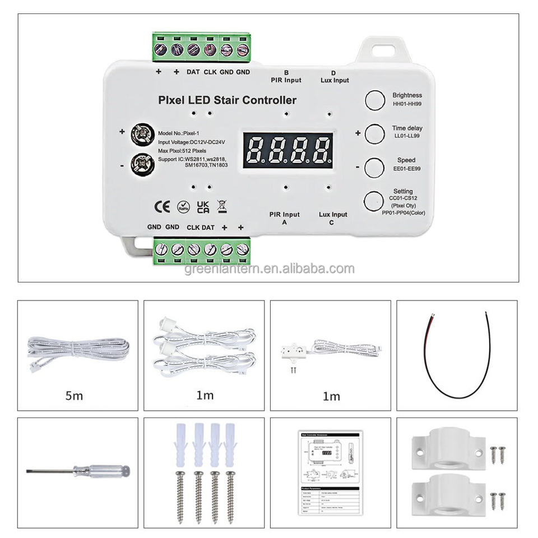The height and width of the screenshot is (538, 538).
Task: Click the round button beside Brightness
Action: (374, 100)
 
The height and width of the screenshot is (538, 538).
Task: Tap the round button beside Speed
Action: (374, 167)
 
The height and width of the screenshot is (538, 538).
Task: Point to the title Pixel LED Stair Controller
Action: (228, 101)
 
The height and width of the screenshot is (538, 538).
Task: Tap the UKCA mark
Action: (203, 206)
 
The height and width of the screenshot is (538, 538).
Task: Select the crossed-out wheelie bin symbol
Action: (222, 206)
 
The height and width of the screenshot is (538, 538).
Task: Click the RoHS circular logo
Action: (183, 206)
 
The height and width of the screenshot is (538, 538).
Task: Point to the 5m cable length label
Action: (73, 396)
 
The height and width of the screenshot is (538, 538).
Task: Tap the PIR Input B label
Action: (286, 77)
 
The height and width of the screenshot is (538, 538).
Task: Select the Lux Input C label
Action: (333, 218)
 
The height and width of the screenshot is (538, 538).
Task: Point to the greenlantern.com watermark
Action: (269, 268)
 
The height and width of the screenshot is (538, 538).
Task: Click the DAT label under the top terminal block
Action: (193, 72)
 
